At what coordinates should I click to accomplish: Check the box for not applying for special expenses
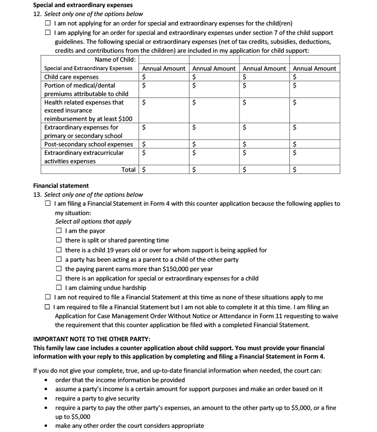point(49,23)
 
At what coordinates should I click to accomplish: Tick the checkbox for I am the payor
point(59,231)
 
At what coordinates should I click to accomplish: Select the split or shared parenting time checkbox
point(59,240)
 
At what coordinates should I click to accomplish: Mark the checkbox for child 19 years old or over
point(59,250)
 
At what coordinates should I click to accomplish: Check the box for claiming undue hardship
point(59,288)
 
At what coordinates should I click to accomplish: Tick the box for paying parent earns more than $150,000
point(59,269)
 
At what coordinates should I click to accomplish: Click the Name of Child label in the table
point(115,59)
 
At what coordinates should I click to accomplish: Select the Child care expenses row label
point(71,77)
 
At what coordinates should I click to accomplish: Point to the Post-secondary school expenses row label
point(89,144)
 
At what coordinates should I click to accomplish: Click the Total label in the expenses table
point(128,169)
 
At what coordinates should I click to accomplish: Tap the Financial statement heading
point(61,185)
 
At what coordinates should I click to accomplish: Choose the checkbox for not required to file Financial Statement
point(49,297)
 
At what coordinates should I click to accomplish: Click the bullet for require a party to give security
point(46,399)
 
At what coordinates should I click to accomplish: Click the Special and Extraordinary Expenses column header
point(89,68)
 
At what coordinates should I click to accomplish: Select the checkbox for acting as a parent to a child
point(59,259)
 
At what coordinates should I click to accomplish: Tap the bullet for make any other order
point(46,426)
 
